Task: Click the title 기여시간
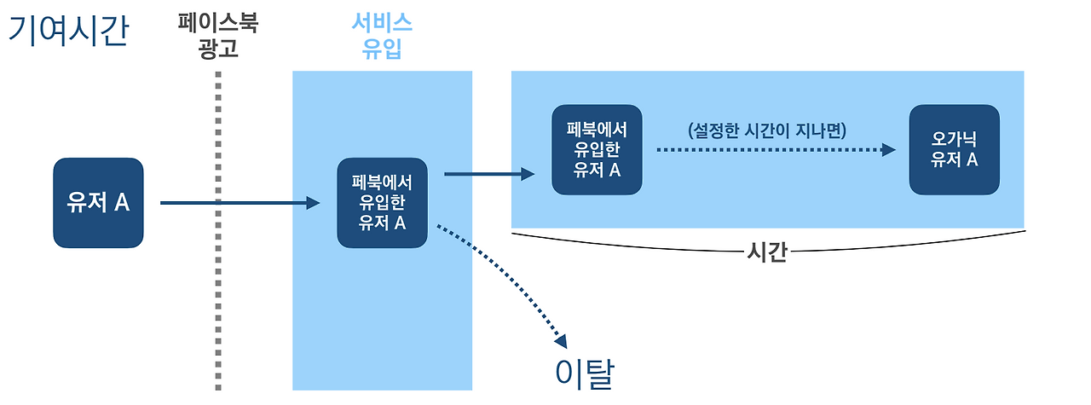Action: [x=68, y=31]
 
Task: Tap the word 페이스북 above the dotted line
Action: [x=217, y=22]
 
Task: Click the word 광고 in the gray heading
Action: [x=217, y=49]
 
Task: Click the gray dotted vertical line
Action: [x=219, y=256]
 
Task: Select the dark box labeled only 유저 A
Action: [x=98, y=203]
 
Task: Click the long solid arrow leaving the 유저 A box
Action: [x=230, y=203]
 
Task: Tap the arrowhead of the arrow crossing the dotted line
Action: [x=314, y=203]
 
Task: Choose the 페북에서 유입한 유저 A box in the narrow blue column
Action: [x=382, y=203]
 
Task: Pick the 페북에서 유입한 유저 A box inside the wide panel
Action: [x=597, y=150]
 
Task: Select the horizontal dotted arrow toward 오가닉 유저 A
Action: [x=767, y=150]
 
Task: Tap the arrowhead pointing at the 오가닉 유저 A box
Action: [x=889, y=150]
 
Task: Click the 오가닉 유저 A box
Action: [x=954, y=150]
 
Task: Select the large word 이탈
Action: [x=584, y=373]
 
